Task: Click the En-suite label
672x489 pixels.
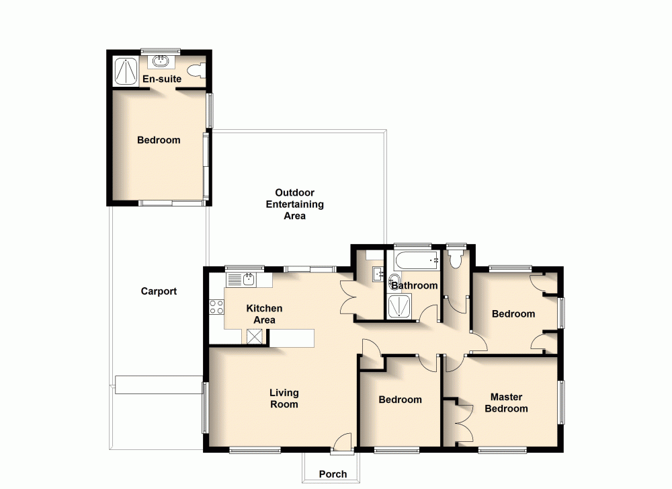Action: [x=161, y=79]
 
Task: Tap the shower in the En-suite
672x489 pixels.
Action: [x=125, y=71]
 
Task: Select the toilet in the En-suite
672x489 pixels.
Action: [x=194, y=69]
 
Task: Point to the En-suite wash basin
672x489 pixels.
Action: [x=161, y=62]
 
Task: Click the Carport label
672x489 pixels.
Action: [x=159, y=291]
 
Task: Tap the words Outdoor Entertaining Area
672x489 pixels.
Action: [x=295, y=204]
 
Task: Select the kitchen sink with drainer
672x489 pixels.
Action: [x=243, y=279]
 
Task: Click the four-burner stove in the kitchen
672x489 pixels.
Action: [x=216, y=307]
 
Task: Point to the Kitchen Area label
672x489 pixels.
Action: [x=264, y=314]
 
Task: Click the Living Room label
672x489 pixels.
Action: [x=284, y=398]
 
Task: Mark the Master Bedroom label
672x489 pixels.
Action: [x=506, y=403]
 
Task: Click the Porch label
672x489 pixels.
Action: [x=333, y=474]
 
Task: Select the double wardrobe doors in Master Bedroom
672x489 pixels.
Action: [x=457, y=420]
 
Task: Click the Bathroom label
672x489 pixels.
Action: [x=415, y=285]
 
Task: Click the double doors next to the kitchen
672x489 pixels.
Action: [x=349, y=297]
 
